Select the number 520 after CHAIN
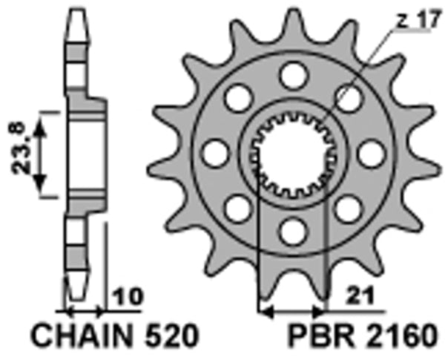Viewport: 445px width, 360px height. [172, 338]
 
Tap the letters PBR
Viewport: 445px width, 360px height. [311, 338]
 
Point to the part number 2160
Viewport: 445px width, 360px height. [392, 338]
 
